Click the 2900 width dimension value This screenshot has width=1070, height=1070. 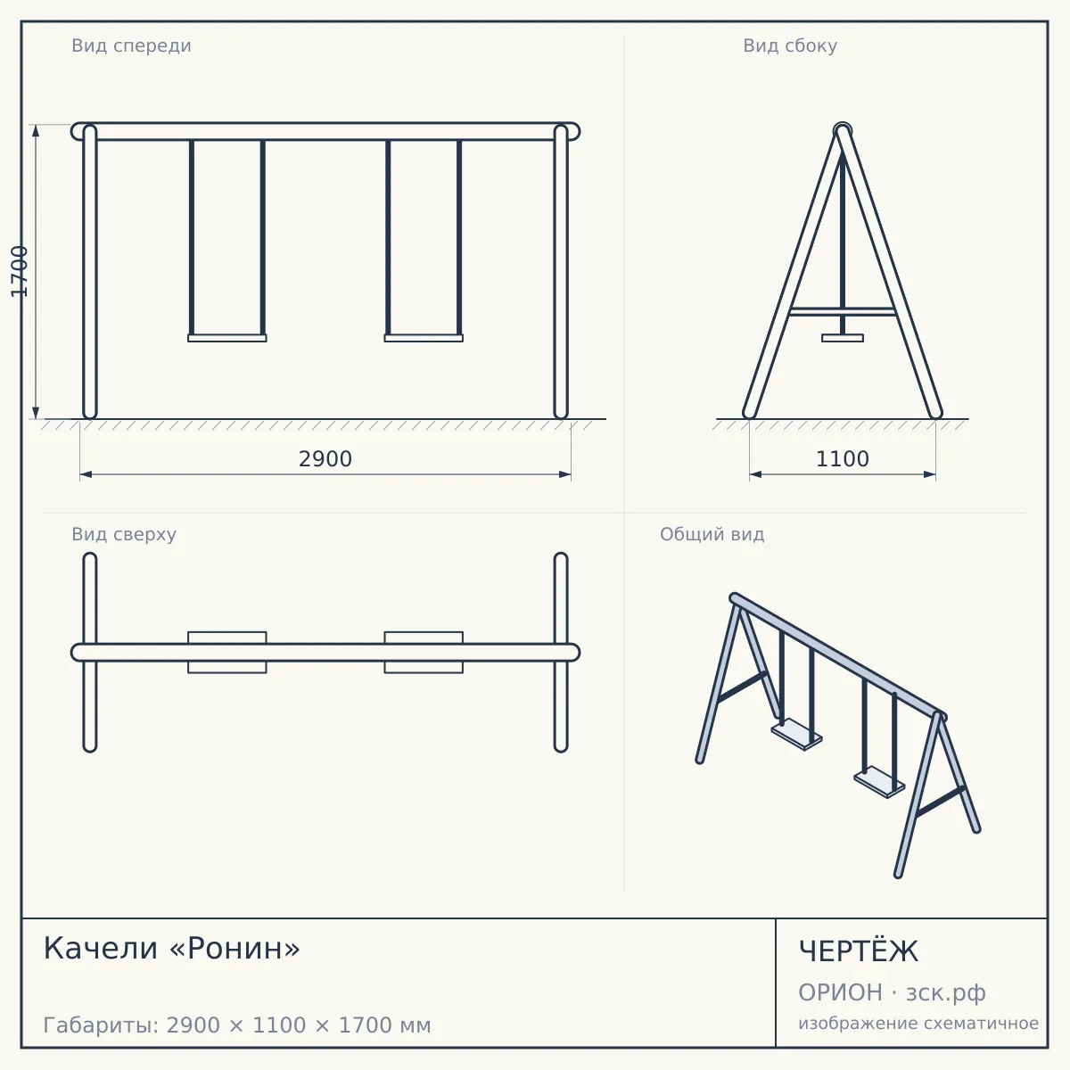tap(325, 459)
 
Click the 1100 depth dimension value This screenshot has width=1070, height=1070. tap(843, 459)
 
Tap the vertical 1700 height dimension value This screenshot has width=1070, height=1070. tap(20, 272)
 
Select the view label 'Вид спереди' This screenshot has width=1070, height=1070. tap(132, 45)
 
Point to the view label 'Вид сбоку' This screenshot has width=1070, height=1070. tap(790, 45)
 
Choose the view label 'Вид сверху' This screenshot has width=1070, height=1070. tap(124, 534)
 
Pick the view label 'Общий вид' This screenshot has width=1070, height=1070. tap(712, 534)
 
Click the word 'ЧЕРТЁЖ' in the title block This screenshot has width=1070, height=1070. tap(859, 951)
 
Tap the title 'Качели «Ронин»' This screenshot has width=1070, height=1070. tap(171, 949)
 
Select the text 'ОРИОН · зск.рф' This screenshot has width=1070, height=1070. tap(892, 992)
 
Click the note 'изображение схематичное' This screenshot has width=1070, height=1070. tap(918, 1023)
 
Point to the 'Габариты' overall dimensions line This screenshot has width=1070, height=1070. tap(237, 1025)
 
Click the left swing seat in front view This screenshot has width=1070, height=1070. tap(227, 338)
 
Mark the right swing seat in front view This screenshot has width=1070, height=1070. tap(424, 338)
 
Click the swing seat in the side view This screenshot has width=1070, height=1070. tap(843, 338)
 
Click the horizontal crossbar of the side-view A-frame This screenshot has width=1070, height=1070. tap(843, 311)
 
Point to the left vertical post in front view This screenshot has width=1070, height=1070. tap(90, 272)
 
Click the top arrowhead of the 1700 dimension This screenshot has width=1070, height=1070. tap(36, 130)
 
